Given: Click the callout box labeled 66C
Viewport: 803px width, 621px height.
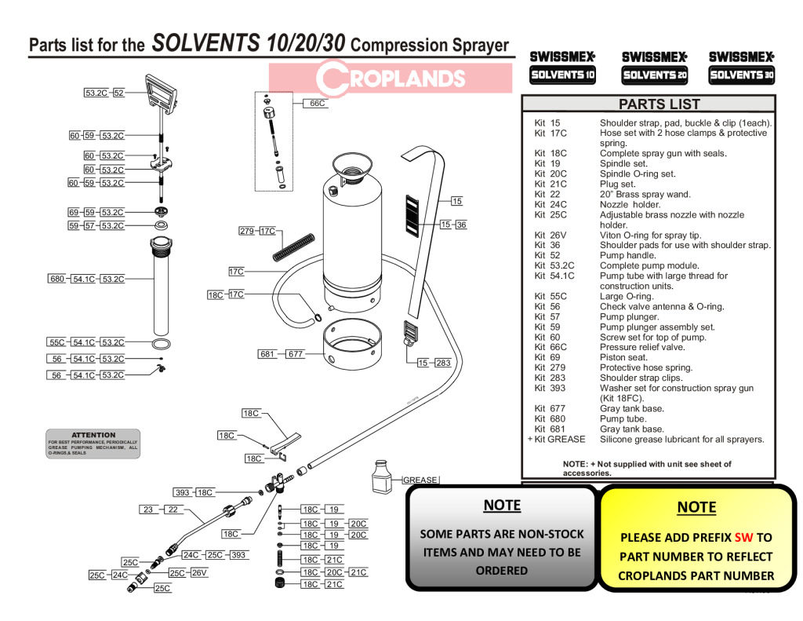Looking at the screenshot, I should click(x=317, y=103).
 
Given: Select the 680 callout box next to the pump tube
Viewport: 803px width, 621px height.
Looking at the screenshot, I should click(x=57, y=279).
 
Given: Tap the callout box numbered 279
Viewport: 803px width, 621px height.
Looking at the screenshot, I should click(x=248, y=231).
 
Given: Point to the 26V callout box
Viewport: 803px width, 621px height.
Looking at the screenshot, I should click(x=198, y=573).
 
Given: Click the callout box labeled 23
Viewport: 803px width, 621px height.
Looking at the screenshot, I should click(x=148, y=510).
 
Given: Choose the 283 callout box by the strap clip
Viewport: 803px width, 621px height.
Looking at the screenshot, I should click(x=443, y=363).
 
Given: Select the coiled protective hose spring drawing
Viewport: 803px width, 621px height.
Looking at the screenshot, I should click(x=294, y=247).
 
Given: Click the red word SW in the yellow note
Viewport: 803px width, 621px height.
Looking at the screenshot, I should click(x=743, y=538).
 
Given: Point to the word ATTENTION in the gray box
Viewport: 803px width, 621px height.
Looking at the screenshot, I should click(x=93, y=435).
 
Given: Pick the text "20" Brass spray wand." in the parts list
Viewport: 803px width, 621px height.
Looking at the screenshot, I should click(x=645, y=194).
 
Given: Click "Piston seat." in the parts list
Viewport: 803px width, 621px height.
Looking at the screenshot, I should click(x=623, y=357).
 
